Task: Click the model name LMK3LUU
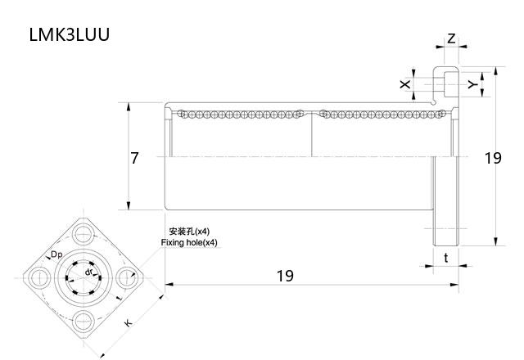[x=69, y=34]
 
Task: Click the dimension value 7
[x=135, y=158]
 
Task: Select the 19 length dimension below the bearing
[x=284, y=276]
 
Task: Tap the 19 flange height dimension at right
[x=492, y=158]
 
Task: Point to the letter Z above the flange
[x=451, y=38]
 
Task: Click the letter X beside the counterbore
[x=404, y=85]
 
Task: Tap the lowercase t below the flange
[x=445, y=259]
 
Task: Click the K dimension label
[x=128, y=324]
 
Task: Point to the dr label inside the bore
[x=88, y=272]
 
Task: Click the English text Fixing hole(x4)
[x=189, y=243]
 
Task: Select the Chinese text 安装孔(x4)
[x=189, y=232]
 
